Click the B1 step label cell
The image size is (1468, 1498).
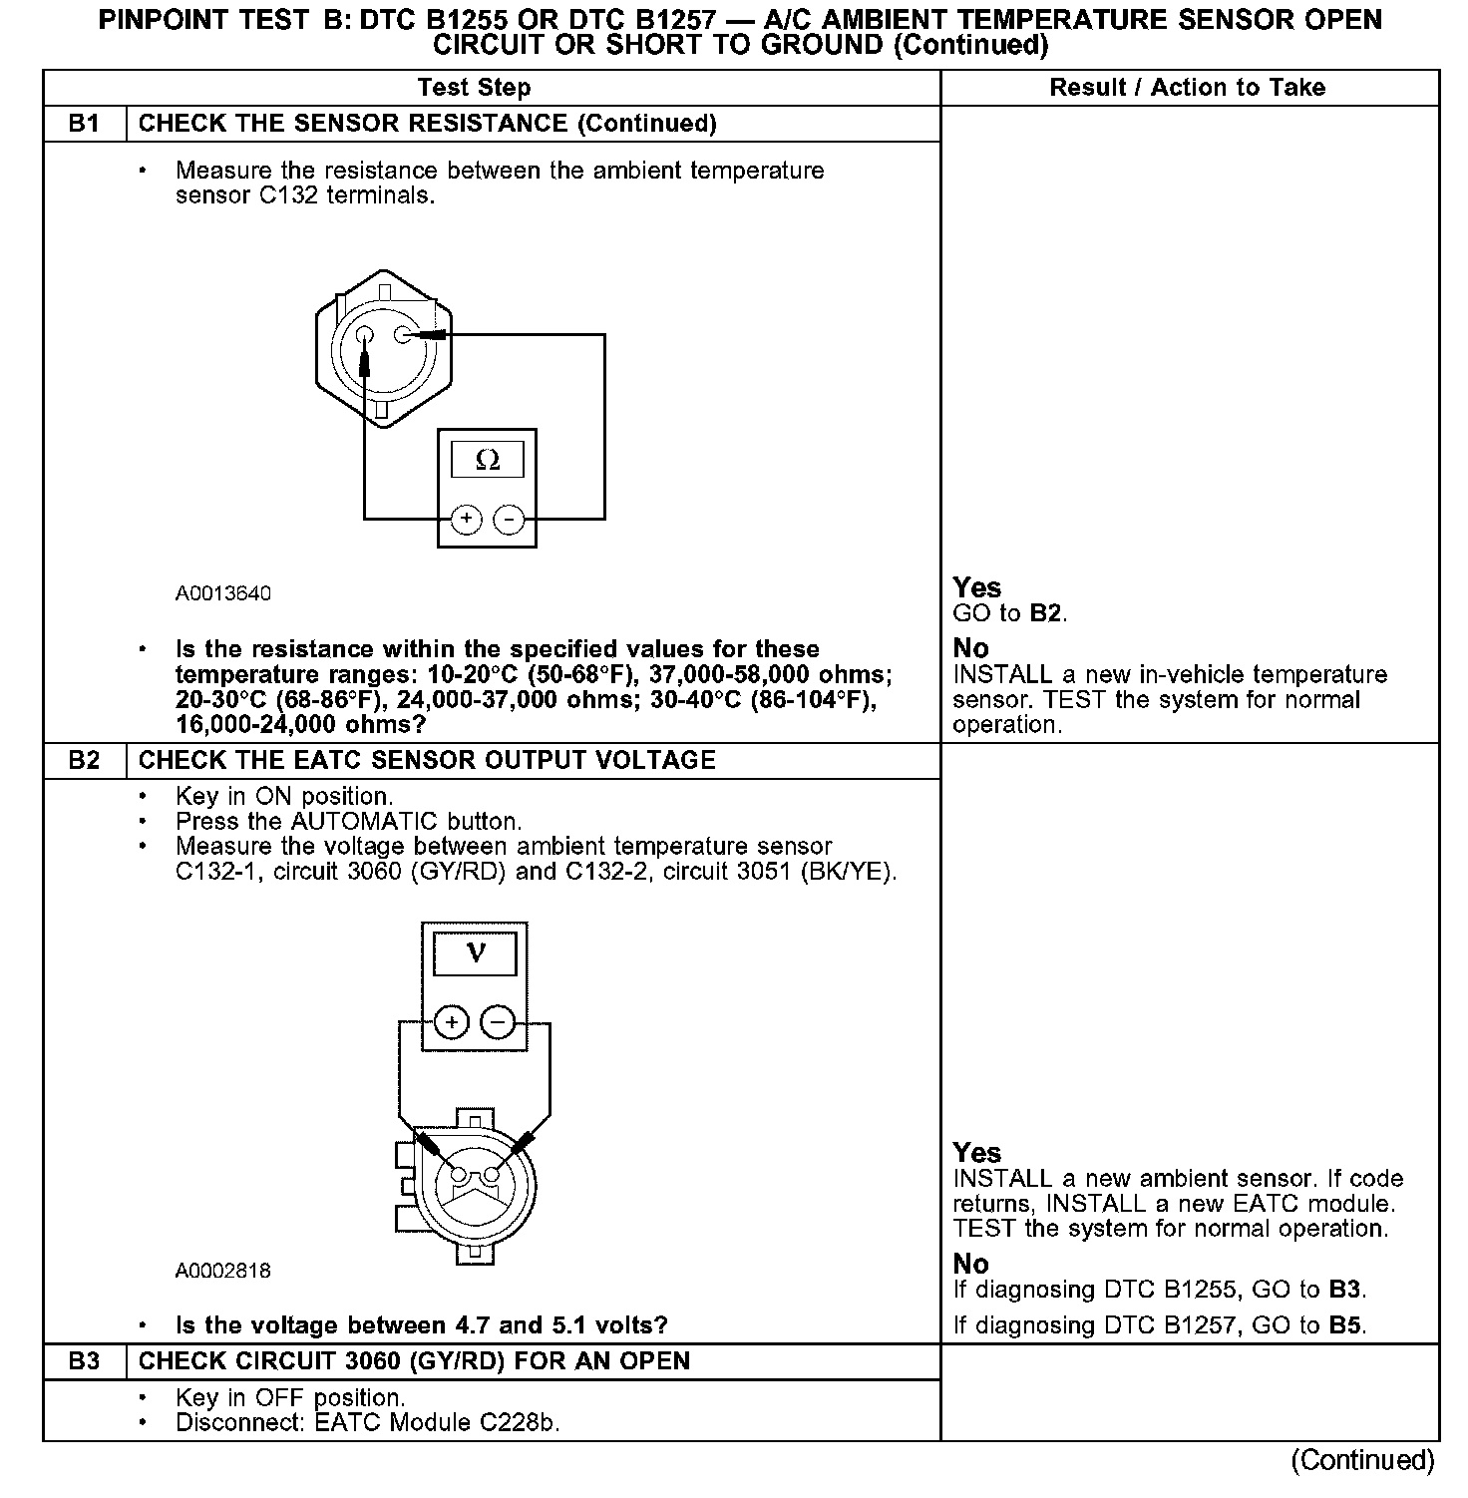click(85, 124)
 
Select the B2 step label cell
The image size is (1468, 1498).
click(85, 760)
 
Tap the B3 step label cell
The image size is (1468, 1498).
click(85, 1361)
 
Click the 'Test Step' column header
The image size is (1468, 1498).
click(474, 88)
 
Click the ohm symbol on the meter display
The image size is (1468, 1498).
click(488, 460)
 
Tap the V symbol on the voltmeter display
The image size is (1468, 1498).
click(476, 952)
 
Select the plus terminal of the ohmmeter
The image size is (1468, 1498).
click(466, 520)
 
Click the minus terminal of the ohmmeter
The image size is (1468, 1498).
click(510, 520)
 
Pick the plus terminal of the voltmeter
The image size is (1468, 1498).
click(452, 1022)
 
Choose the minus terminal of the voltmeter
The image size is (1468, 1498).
click(497, 1022)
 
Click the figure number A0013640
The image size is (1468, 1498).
click(223, 593)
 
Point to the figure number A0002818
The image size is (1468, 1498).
click(223, 1271)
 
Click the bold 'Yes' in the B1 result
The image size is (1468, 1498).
click(976, 587)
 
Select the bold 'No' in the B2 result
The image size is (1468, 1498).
click(970, 1264)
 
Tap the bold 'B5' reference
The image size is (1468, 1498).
click(1346, 1325)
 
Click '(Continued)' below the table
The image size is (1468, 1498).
click(1362, 1460)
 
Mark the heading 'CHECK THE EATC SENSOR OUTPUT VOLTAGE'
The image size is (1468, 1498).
click(427, 760)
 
